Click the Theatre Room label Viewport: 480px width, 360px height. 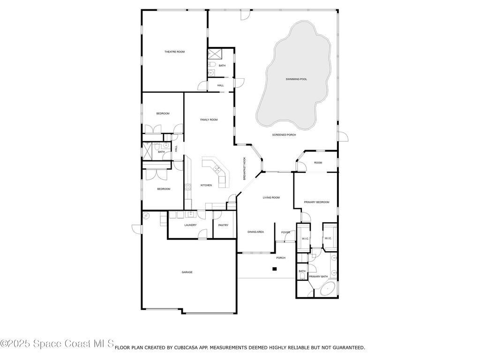pos(174,52)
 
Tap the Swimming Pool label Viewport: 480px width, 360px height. pos(296,79)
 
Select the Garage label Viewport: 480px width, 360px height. pos(187,272)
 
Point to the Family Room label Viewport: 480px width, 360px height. pos(209,120)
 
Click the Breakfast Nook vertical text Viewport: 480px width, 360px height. pos(245,169)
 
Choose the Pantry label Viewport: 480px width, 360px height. pos(223,225)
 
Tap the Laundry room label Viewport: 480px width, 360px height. pos(190,225)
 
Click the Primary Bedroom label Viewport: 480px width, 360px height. pos(316,202)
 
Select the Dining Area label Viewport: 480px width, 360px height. pos(255,232)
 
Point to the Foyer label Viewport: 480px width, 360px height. pos(285,232)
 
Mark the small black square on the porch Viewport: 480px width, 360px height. pos(275,269)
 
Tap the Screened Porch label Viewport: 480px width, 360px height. pos(284,135)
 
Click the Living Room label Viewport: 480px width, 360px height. pos(271,197)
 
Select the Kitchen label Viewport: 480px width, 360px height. pos(206,185)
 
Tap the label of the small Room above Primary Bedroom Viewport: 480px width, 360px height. pos(318,163)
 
